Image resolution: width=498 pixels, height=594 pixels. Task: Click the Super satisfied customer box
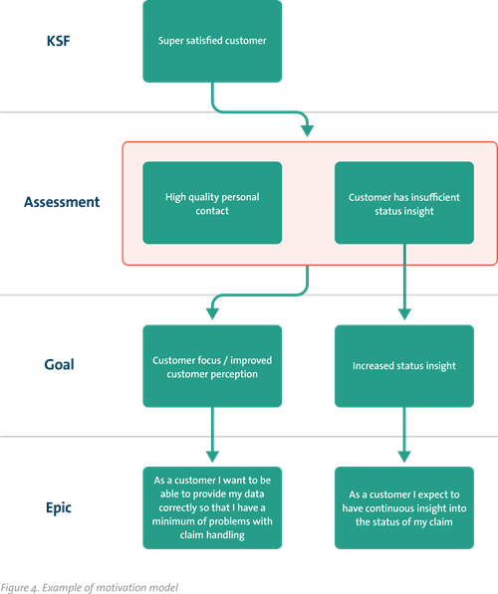pos(212,42)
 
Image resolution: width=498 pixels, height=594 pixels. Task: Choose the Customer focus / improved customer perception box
pos(212,365)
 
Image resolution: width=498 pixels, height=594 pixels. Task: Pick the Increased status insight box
pos(403,365)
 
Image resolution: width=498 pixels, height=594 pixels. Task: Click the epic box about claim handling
pos(212,506)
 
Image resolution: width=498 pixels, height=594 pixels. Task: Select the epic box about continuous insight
pos(403,506)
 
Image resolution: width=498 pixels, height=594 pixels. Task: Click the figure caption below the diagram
pos(90,587)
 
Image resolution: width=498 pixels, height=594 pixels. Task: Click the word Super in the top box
pos(171,42)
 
